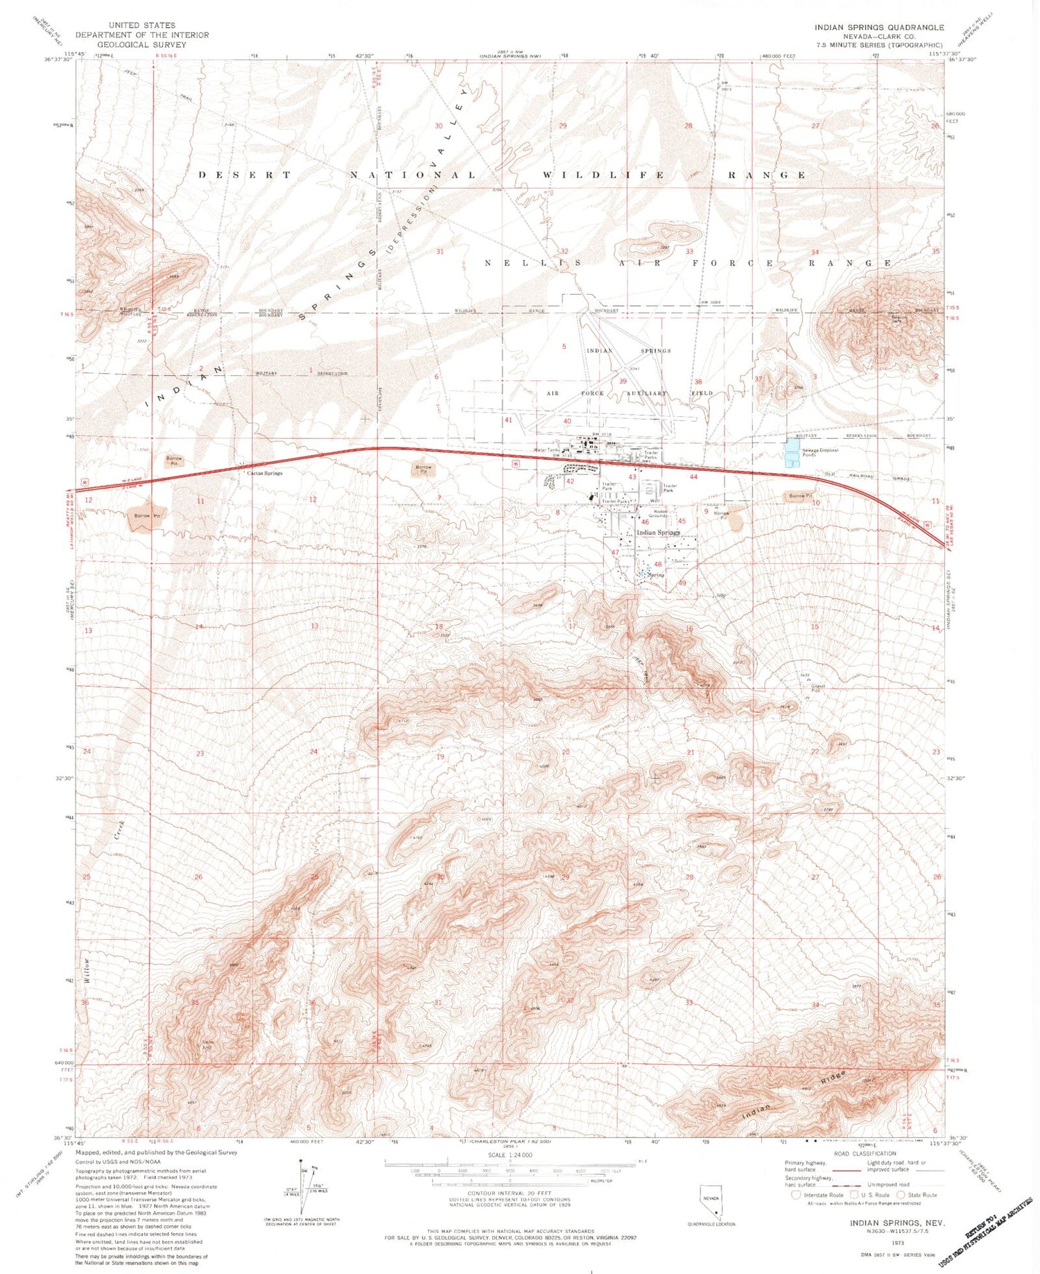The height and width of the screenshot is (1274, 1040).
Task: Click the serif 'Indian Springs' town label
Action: click(658, 533)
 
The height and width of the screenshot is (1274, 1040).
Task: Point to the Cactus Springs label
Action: click(264, 473)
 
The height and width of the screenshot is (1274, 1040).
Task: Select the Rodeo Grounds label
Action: click(657, 513)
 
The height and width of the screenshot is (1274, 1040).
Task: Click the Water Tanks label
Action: click(546, 450)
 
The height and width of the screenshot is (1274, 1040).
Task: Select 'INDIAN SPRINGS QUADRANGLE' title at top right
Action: click(878, 27)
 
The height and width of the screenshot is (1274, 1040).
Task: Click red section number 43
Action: click(632, 477)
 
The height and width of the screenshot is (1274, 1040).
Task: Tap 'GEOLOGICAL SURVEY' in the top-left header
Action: click(142, 44)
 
